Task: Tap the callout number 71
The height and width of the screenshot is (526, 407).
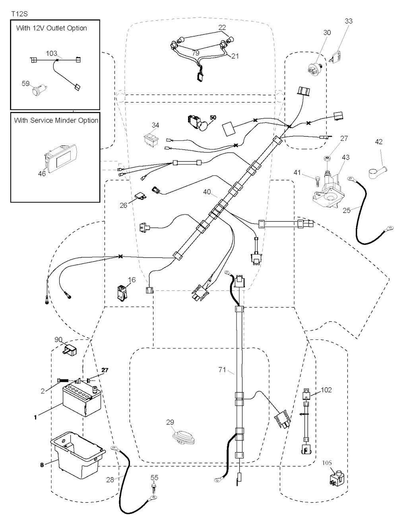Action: [222, 370]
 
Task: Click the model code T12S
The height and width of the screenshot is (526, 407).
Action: [19, 14]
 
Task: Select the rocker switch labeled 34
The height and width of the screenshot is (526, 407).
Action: [152, 139]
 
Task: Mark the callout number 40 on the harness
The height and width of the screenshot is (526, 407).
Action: [207, 192]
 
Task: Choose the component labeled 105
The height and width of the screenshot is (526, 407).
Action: [336, 477]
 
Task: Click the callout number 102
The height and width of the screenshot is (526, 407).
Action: [326, 390]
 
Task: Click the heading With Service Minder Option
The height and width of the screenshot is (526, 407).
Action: [56, 120]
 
